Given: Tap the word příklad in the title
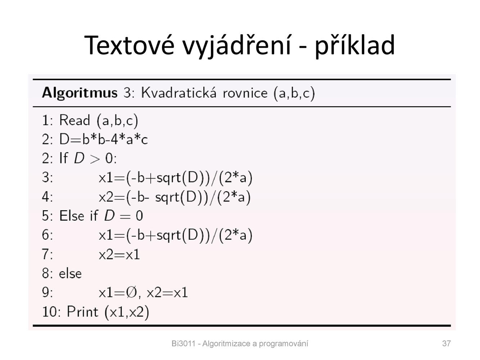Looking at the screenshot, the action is [355, 46].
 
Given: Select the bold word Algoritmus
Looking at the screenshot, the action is [80, 93].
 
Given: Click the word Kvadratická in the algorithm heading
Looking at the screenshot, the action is [179, 93].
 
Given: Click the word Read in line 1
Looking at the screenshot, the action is [74, 120].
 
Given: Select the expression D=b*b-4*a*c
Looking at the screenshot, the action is [103, 139].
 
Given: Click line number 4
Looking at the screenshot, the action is [47, 197].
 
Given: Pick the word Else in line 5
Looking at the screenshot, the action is [72, 216].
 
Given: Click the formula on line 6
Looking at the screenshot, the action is [175, 235].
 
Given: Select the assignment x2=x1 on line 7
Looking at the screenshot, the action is [119, 255].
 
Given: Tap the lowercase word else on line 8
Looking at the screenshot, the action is [70, 273].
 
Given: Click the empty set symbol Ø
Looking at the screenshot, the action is [131, 292].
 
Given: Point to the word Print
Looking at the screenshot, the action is [82, 311].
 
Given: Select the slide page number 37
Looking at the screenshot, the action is [446, 343].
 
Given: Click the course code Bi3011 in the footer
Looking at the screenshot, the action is [183, 343].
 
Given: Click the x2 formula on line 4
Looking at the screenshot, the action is [175, 197].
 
